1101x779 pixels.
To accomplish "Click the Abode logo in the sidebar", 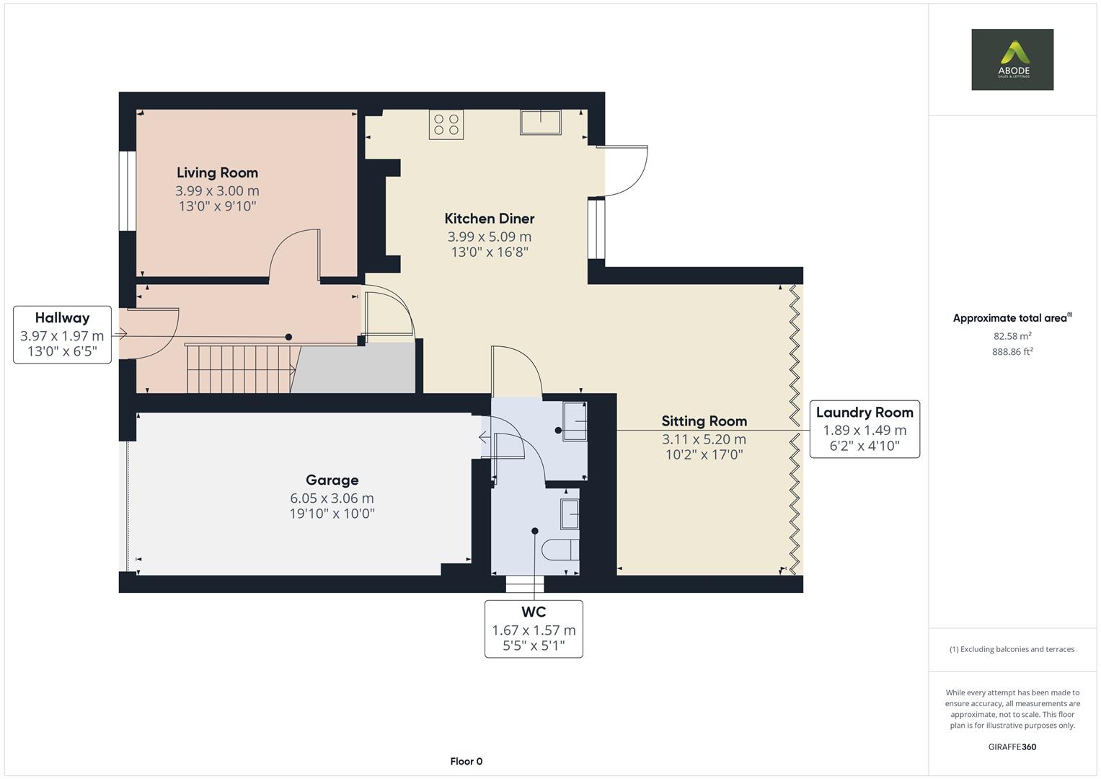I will pos(1012,59).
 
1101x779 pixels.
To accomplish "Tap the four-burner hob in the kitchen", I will pos(446,123).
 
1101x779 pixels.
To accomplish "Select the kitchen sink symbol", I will pos(541,122).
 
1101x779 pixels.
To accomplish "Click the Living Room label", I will pos(217,172).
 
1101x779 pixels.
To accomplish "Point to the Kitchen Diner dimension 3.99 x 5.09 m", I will pos(489,237).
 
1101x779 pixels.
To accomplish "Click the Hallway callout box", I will pos(62,335).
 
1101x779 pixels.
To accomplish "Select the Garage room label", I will pos(332,480).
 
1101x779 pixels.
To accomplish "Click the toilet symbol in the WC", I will pos(562,550).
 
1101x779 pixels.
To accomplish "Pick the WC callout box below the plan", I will pos(534,628).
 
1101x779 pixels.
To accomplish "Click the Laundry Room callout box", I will pos(865,429).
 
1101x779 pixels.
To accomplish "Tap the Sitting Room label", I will pos(704,421).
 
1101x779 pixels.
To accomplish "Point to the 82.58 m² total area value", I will pos(1012,336).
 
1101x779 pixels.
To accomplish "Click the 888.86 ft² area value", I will pos(1012,352).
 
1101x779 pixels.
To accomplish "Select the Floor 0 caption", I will pos(466,761).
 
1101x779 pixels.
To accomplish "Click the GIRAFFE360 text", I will pos(1012,747).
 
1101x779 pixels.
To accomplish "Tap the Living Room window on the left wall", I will pos(128,191).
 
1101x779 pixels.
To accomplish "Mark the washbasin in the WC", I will pos(570,514).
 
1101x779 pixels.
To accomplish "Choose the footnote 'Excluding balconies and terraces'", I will pos(1012,649).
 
